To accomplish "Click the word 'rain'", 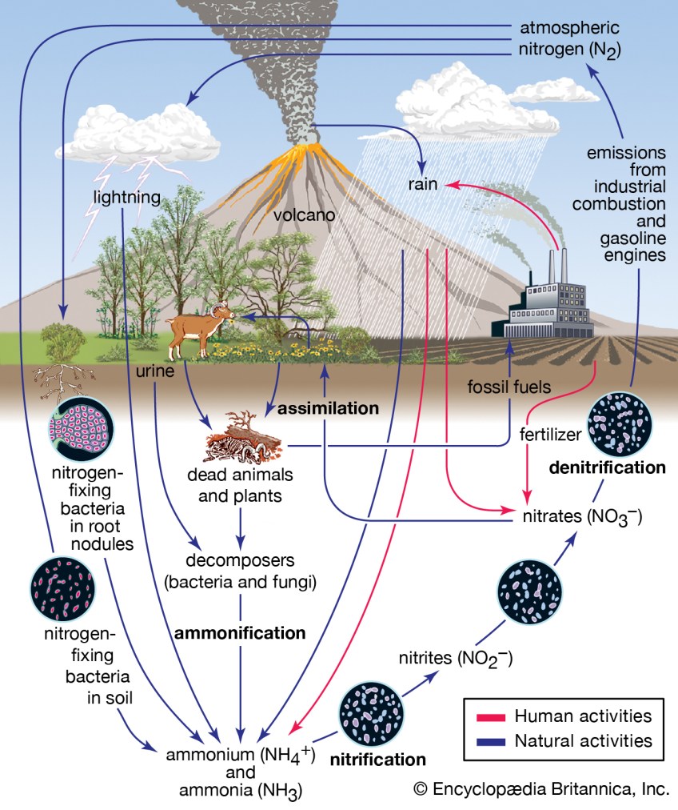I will tap(421, 184).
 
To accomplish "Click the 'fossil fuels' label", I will tap(509, 387).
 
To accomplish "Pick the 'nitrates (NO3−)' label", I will tap(580, 517).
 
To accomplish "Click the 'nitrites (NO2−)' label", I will tap(455, 660).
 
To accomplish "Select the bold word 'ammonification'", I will tap(240, 633).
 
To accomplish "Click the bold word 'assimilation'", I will tap(328, 408).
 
